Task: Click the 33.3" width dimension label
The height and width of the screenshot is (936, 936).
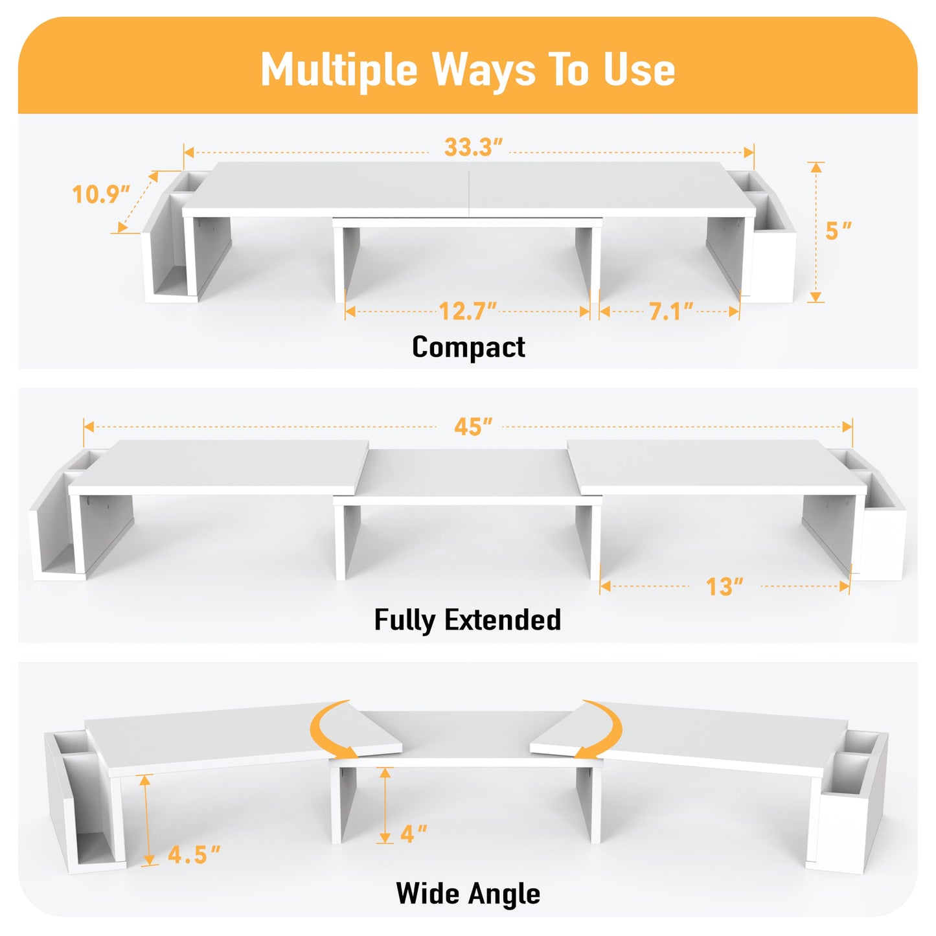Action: coord(473,148)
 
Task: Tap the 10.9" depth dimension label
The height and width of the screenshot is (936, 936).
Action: coord(100,194)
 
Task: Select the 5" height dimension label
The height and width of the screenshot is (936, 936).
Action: coord(838,231)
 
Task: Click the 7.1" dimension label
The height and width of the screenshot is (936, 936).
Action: coord(671,312)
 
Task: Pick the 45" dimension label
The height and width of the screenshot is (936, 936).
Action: coord(473,427)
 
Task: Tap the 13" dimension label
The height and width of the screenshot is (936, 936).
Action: coord(724,587)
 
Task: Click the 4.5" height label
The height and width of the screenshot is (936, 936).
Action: coord(194,855)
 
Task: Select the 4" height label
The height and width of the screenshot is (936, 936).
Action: coord(413,834)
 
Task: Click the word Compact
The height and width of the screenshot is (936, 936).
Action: coord(468,347)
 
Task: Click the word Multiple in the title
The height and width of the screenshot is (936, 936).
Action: coord(339,70)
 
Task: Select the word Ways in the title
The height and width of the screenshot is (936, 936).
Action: coord(484,70)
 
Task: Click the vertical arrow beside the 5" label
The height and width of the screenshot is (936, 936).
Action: coord(816,232)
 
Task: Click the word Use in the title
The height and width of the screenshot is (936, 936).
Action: coord(639,70)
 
